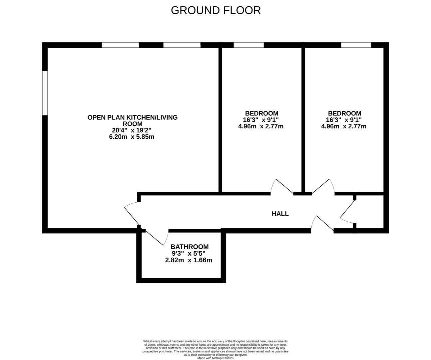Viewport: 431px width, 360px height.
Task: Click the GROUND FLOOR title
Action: click(x=215, y=10)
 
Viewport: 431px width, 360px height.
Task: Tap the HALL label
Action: click(x=280, y=214)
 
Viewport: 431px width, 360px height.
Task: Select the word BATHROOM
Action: click(x=190, y=247)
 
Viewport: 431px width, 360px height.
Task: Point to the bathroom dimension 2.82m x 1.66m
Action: click(x=189, y=260)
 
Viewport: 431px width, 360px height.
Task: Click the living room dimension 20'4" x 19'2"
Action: click(x=132, y=130)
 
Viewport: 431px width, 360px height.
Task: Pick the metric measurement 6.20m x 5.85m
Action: click(x=132, y=137)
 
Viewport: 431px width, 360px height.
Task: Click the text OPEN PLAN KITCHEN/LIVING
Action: click(x=132, y=117)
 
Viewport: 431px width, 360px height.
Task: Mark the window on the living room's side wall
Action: click(x=45, y=93)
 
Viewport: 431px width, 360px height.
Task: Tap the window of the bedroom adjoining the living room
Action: click(x=248, y=45)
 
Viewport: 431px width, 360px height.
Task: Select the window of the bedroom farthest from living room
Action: click(x=356, y=45)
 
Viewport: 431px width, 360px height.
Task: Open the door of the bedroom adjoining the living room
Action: click(x=281, y=187)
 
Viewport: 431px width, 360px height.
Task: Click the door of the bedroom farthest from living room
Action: click(x=323, y=187)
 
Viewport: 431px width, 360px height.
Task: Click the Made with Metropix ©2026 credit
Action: click(x=215, y=358)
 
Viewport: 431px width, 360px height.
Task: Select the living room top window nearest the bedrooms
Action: click(x=182, y=45)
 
